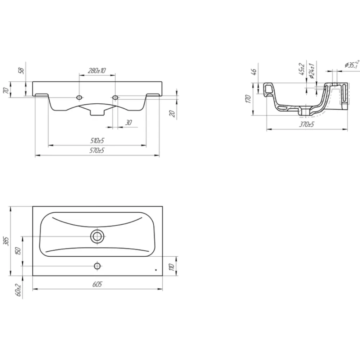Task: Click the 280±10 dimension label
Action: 97,71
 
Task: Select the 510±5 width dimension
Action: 97,140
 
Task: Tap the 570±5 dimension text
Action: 97,150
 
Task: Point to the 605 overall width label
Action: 97,284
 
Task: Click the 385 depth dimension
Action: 7,241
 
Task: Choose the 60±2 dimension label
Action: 19,290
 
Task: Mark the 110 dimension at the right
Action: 172,267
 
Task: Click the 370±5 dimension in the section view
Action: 306,125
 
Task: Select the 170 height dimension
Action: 248,99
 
